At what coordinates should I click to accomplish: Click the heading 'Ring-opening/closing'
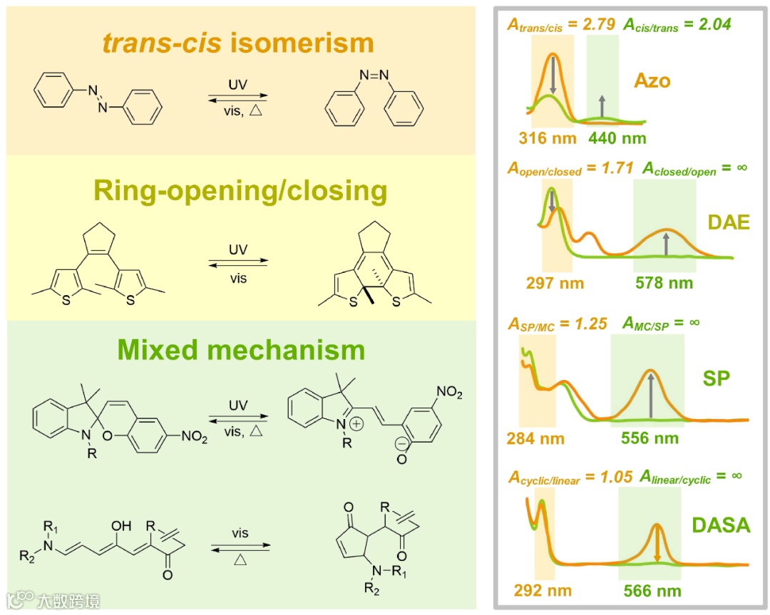coord(241,192)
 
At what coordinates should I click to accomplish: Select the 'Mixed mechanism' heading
coord(241,350)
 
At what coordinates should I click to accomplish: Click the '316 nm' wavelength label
coord(548,138)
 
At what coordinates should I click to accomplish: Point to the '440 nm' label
coord(617,138)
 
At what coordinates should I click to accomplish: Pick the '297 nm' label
coord(554,283)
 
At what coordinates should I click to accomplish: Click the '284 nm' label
coord(535,438)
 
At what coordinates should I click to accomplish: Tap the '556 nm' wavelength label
coord(650,438)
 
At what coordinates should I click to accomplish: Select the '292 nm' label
coord(543,591)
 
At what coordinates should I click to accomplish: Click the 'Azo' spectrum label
coord(652,80)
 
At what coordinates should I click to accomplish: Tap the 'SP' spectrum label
coord(716,378)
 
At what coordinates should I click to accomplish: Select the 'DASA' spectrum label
coord(721,526)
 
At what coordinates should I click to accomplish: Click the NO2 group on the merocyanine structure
coord(449,391)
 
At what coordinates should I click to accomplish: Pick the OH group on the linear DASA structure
coord(121,527)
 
